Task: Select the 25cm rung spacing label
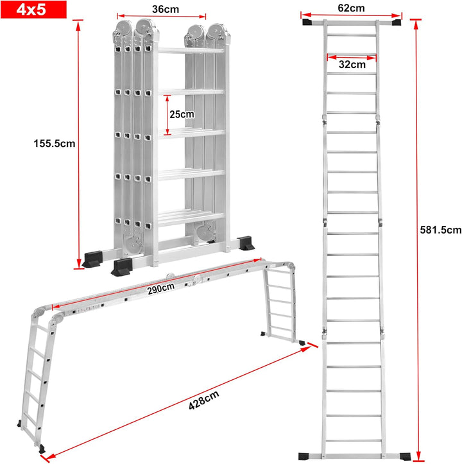pyautogui.click(x=182, y=114)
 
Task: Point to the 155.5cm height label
pyautogui.click(x=55, y=144)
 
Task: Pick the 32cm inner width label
pyautogui.click(x=352, y=64)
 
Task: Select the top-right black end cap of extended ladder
pyautogui.click(x=394, y=23)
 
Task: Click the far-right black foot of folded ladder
pyautogui.click(x=245, y=245)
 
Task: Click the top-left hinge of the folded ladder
pyautogui.click(x=122, y=29)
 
